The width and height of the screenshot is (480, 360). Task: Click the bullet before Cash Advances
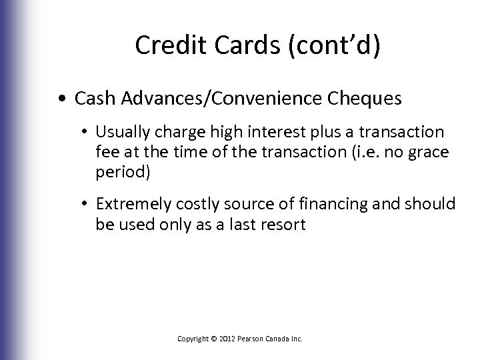61,99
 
